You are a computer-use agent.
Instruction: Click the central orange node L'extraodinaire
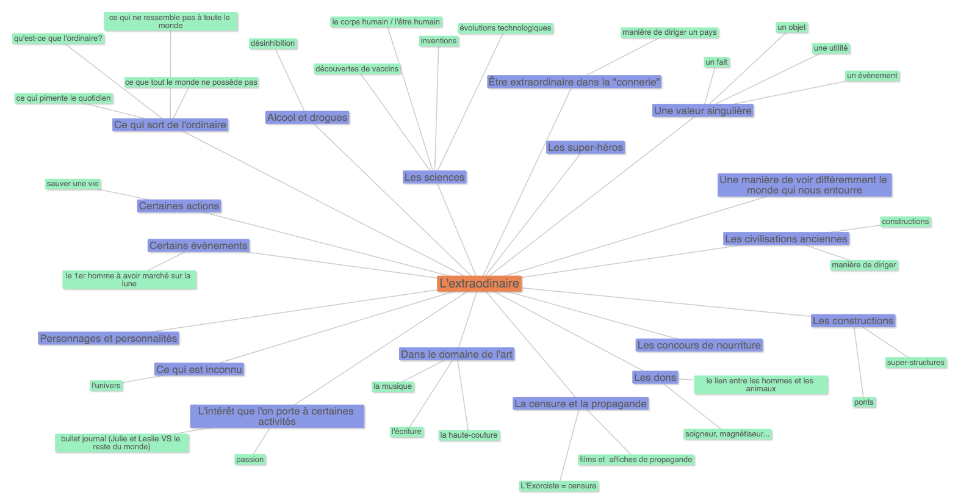479,283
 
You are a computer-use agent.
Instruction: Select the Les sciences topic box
434,178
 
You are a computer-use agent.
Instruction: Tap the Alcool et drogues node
307,118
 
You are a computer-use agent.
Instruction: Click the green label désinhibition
273,43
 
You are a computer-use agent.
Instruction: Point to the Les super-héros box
585,148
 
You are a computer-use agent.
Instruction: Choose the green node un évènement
872,76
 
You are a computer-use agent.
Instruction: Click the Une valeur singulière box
702,110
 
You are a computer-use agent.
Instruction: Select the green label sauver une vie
73,184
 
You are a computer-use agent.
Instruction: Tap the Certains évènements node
198,246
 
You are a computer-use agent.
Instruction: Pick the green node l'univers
106,386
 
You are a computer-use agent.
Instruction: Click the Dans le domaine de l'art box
456,354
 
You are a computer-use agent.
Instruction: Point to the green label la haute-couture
469,435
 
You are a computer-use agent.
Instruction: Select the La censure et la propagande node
580,403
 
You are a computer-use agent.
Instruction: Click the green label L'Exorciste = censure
558,486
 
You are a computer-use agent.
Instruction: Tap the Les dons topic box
655,378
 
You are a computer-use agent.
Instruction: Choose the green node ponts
863,402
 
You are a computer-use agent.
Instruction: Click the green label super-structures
915,363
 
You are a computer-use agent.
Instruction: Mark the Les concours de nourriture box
699,346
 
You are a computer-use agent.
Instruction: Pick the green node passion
250,460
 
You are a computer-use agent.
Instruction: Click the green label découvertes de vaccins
357,69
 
